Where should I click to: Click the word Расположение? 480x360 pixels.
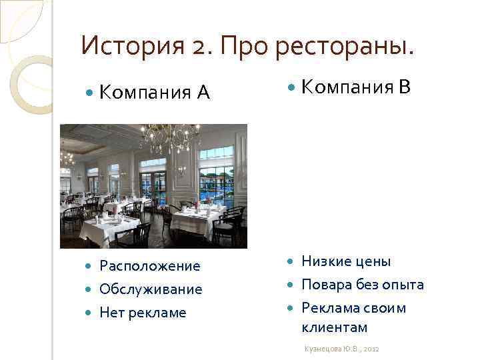pyautogui.click(x=149, y=266)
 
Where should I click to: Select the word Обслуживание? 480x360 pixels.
pyautogui.click(x=151, y=289)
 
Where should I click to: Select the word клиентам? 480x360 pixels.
pyautogui.click(x=335, y=327)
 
